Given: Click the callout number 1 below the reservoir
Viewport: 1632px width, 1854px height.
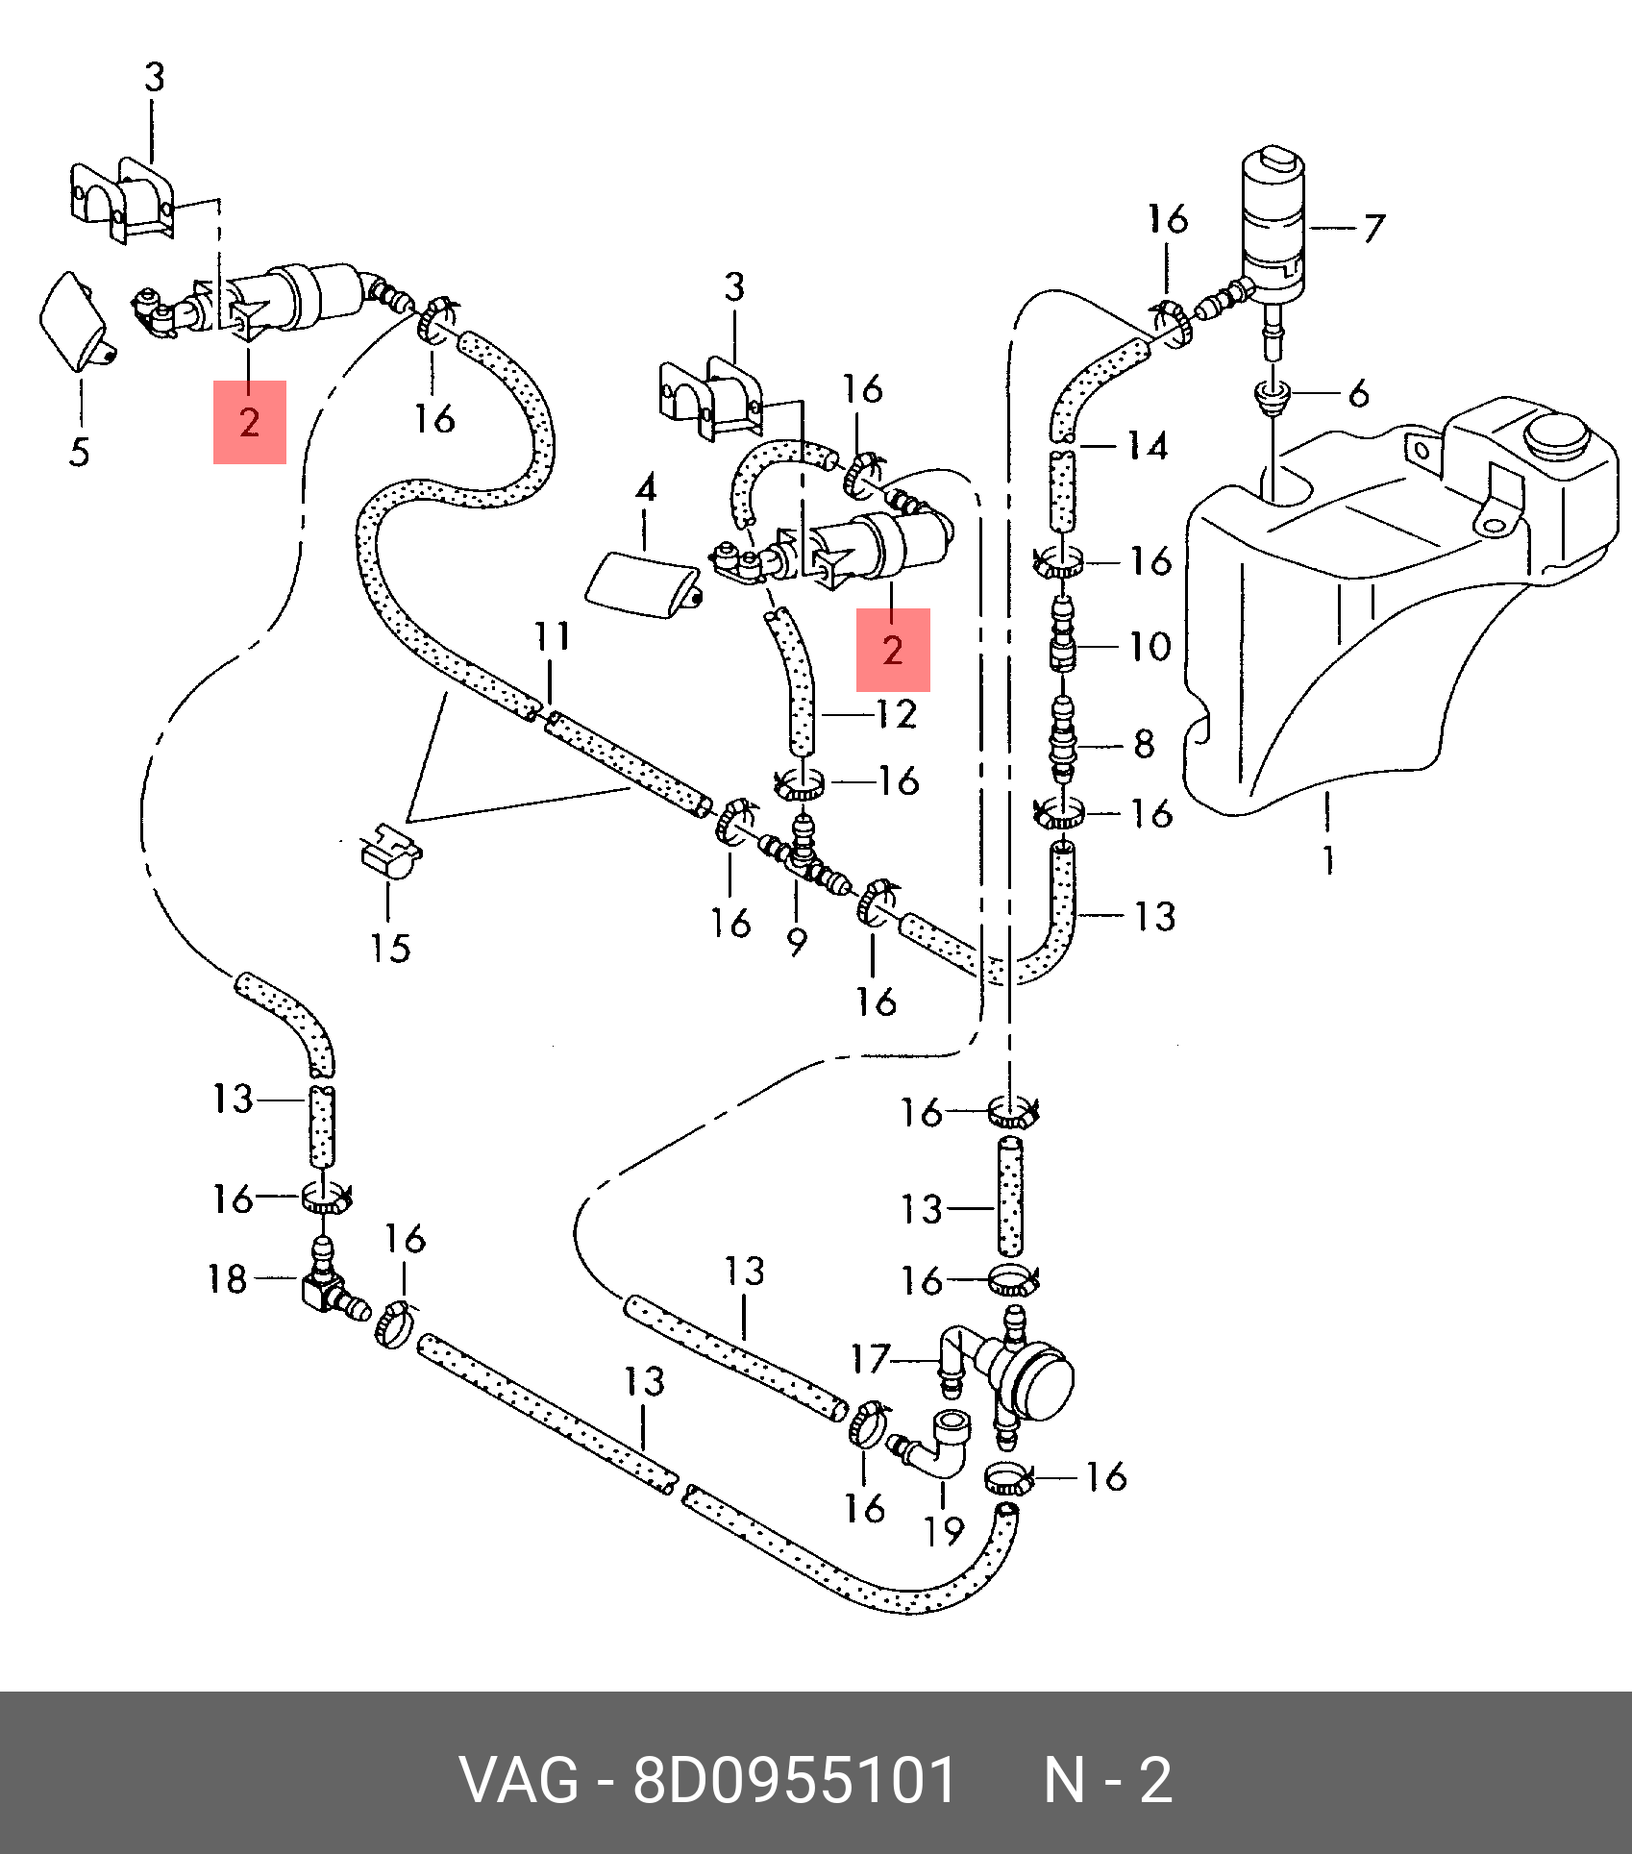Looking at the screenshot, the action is click(x=1328, y=859).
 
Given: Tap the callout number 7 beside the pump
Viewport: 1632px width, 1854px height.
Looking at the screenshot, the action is click(x=1374, y=229).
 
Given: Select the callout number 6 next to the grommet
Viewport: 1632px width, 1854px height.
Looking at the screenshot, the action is click(x=1358, y=393).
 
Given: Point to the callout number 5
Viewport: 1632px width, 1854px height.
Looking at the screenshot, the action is click(x=80, y=452).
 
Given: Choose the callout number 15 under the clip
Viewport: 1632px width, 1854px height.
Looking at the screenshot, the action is click(x=391, y=948).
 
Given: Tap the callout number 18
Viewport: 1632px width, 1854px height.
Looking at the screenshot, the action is click(x=228, y=1278).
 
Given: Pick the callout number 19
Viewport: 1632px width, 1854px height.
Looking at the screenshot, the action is click(x=944, y=1530).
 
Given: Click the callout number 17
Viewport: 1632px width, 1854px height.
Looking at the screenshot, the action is click(x=871, y=1359).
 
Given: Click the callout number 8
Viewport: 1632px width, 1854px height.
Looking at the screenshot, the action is click(x=1144, y=743).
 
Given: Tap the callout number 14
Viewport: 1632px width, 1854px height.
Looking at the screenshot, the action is click(x=1148, y=445).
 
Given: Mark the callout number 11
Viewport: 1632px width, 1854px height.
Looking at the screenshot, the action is click(x=553, y=636).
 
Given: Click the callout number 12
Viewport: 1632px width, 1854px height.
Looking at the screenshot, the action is click(x=897, y=714).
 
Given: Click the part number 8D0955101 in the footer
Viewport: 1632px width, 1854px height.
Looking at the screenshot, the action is click(x=794, y=1780).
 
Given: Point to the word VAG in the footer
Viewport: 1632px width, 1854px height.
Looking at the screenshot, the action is click(x=520, y=1780).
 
